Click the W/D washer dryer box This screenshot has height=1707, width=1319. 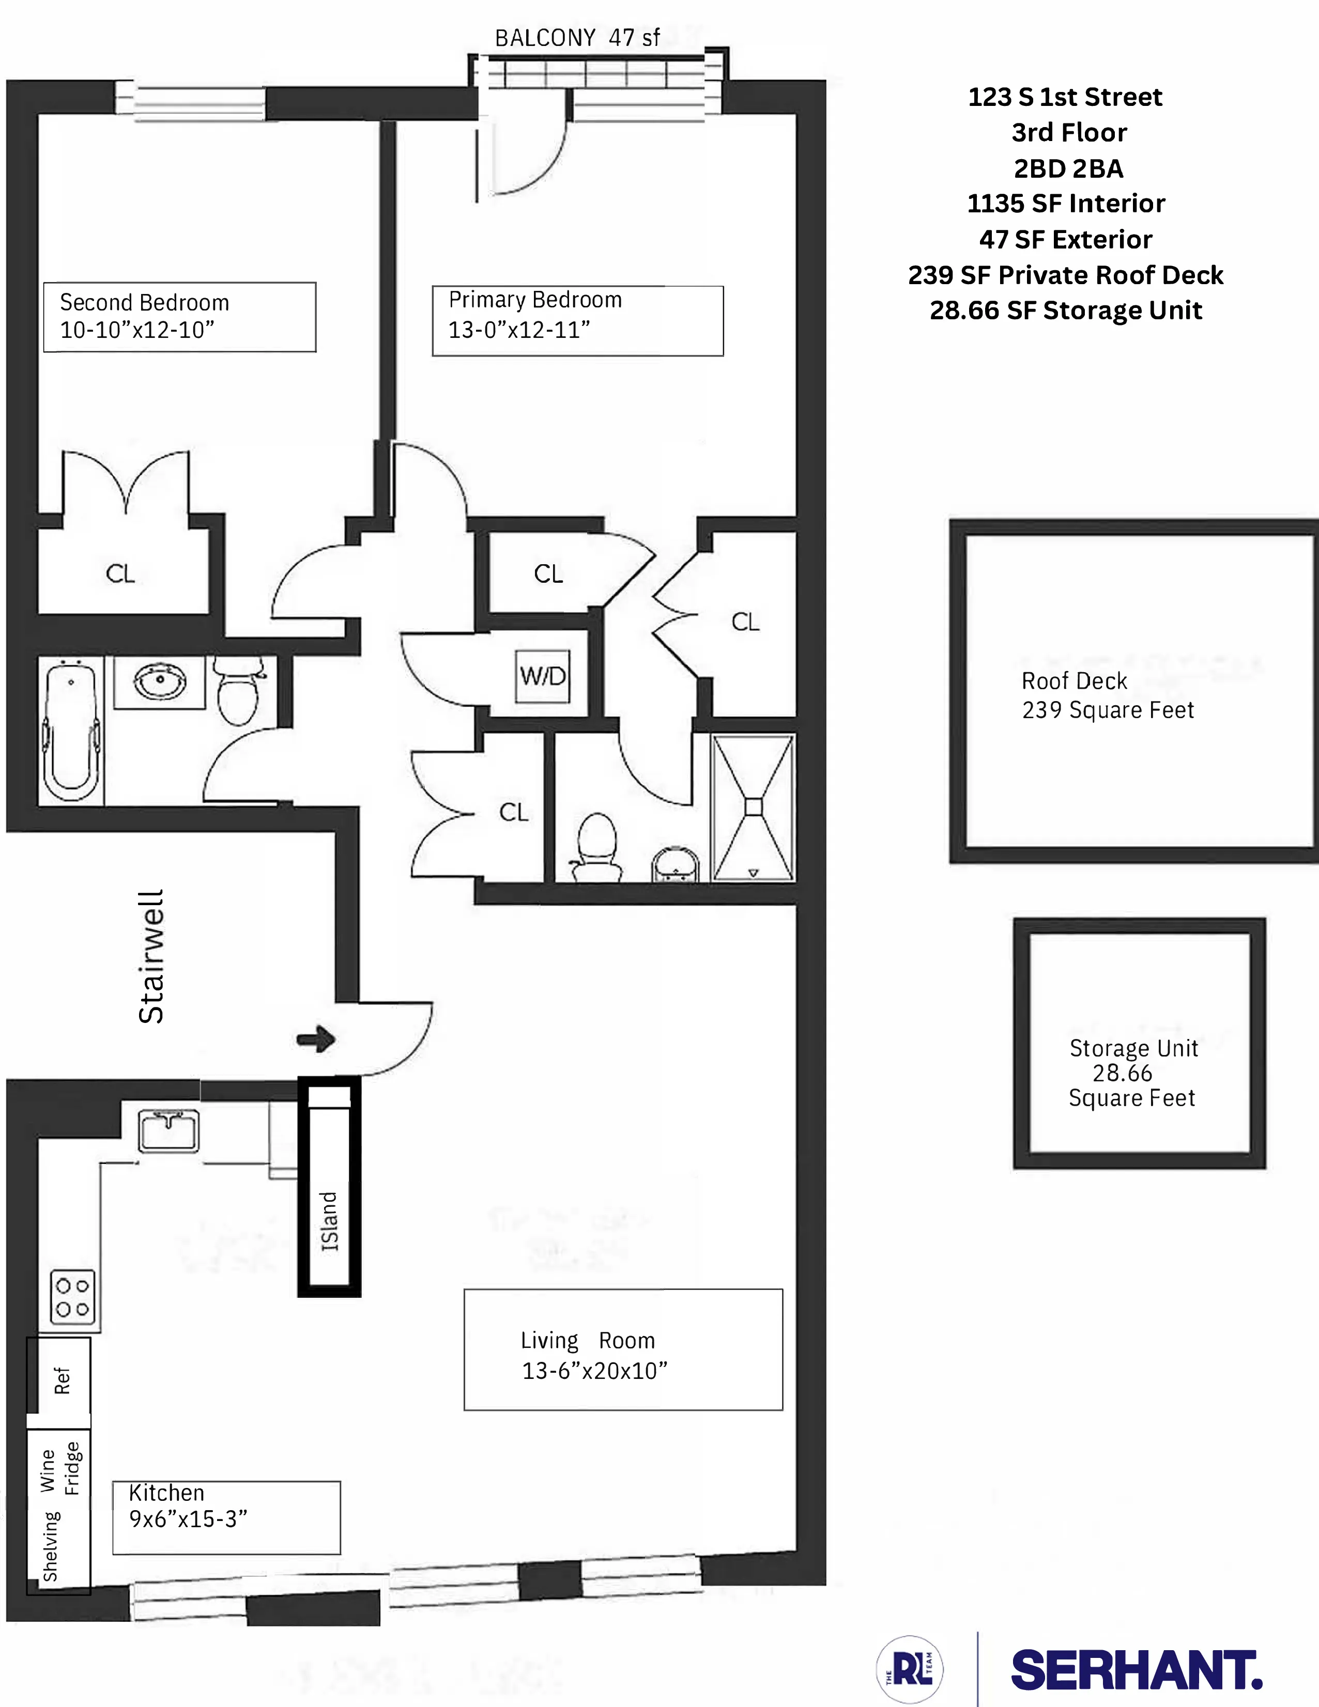pos(543,675)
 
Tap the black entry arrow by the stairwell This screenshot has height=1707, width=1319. pos(316,1039)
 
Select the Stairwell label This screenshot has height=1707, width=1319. pos(151,957)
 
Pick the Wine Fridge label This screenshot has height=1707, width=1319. pos(59,1469)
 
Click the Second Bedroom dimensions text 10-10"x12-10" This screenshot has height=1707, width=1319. pos(137,330)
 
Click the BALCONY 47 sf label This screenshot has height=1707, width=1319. pos(577,38)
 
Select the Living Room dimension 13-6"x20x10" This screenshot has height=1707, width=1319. pos(594,1370)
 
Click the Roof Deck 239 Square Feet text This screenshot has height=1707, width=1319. pos(1107,695)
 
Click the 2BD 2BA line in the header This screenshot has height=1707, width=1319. pos(1068,168)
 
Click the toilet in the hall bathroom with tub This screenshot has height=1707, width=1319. pos(238,691)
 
